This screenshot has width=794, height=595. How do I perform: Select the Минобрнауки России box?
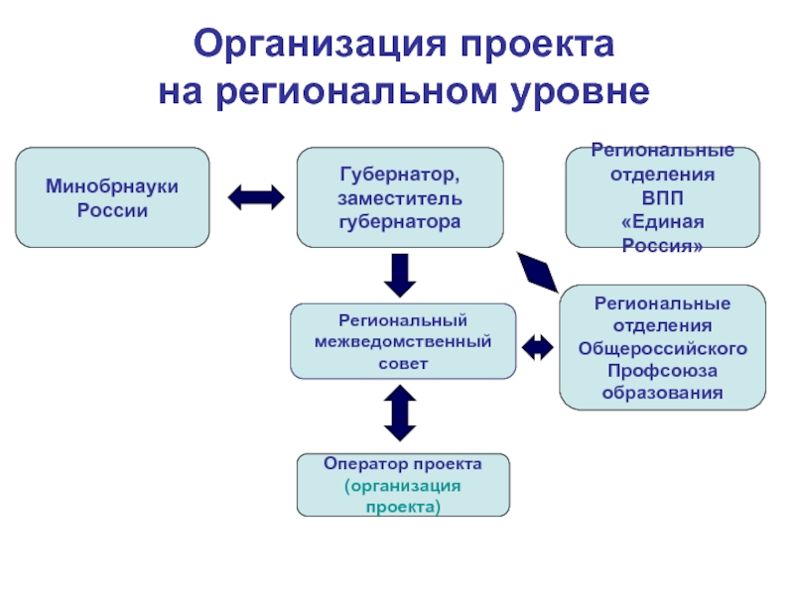click(x=111, y=197)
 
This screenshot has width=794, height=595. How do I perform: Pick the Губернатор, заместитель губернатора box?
click(x=399, y=197)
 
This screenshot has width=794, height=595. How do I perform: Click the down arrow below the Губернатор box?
click(x=399, y=275)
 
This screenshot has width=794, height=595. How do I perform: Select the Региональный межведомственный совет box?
click(x=402, y=341)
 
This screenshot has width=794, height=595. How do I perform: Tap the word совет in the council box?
click(x=402, y=363)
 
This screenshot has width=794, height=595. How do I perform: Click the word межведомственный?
click(x=402, y=342)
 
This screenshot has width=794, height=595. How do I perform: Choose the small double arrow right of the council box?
click(x=538, y=346)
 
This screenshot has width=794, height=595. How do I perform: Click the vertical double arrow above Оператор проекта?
click(x=400, y=412)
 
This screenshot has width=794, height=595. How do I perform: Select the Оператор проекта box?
click(x=403, y=485)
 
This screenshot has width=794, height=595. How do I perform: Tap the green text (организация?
click(x=403, y=485)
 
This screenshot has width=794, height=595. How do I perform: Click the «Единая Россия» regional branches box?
click(x=662, y=197)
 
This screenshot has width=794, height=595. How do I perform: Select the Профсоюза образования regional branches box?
click(x=662, y=347)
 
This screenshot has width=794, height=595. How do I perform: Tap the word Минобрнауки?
click(x=111, y=186)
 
